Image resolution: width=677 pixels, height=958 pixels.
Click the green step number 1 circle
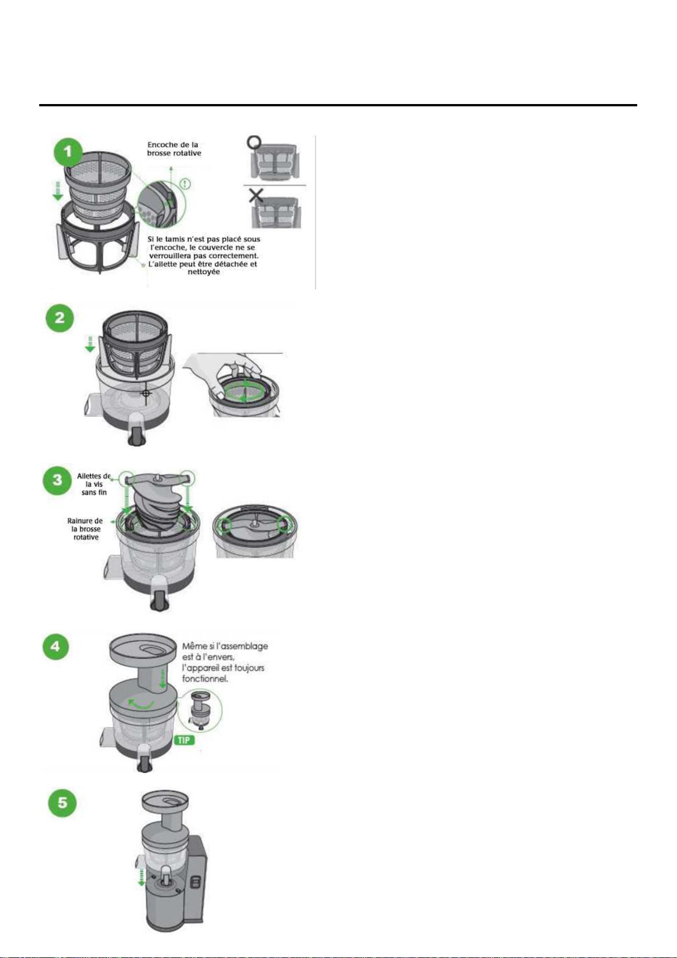pyautogui.click(x=68, y=152)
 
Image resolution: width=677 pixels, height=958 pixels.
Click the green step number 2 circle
pyautogui.click(x=60, y=318)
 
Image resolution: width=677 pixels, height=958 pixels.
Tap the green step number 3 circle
pyautogui.click(x=57, y=480)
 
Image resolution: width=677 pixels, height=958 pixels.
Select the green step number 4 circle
pyautogui.click(x=56, y=646)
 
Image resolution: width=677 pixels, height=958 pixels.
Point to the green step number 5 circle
pyautogui.click(x=63, y=803)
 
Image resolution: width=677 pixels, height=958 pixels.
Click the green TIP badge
pyautogui.click(x=184, y=740)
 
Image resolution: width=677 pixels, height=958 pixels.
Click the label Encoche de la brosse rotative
pyautogui.click(x=174, y=149)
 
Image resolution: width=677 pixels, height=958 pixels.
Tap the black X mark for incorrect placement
pyautogui.click(x=256, y=196)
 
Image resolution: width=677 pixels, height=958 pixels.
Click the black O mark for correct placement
pyautogui.click(x=255, y=142)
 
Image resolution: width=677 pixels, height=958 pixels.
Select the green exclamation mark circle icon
pyautogui.click(x=185, y=184)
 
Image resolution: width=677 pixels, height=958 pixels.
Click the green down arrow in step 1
pyautogui.click(x=58, y=191)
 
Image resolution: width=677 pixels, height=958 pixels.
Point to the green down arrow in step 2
pyautogui.click(x=90, y=344)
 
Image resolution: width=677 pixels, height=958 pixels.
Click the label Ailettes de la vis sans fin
pyautogui.click(x=94, y=484)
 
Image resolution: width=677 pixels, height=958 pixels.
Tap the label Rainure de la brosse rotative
pyautogui.click(x=85, y=529)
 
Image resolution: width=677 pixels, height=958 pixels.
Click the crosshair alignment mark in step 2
pyautogui.click(x=146, y=393)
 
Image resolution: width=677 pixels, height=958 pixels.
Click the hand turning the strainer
pyautogui.click(x=222, y=370)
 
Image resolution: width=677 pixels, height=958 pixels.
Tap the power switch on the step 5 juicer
pyautogui.click(x=196, y=871)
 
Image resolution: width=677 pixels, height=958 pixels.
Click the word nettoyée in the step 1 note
pyautogui.click(x=203, y=272)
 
